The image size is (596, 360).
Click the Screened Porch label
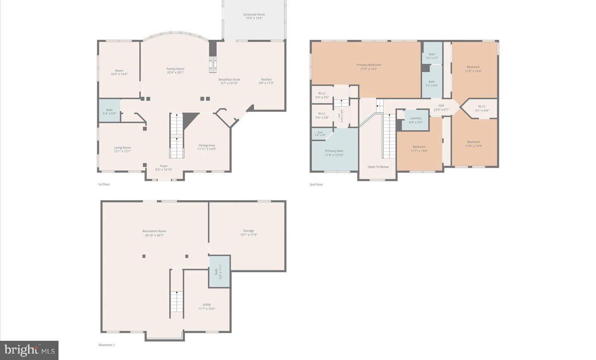click(254, 14)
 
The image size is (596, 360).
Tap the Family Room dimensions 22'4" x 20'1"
click(175, 72)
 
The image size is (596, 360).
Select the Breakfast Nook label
click(229, 79)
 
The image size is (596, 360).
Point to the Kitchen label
click(266, 79)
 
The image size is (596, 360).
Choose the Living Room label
click(123, 148)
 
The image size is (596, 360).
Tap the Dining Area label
click(207, 145)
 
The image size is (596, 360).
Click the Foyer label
click(164, 166)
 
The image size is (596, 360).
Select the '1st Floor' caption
click(104, 185)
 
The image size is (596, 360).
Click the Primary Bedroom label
click(369, 65)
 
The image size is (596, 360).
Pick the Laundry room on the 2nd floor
click(416, 120)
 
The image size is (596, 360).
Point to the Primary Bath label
click(334, 151)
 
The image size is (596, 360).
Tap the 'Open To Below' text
click(378, 167)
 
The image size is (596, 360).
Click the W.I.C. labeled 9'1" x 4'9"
click(482, 108)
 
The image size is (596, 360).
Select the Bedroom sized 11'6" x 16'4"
click(473, 69)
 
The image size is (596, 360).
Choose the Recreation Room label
click(154, 231)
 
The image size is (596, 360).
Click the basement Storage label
click(249, 231)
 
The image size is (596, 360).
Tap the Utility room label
click(207, 305)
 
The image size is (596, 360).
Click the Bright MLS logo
click(29, 350)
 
